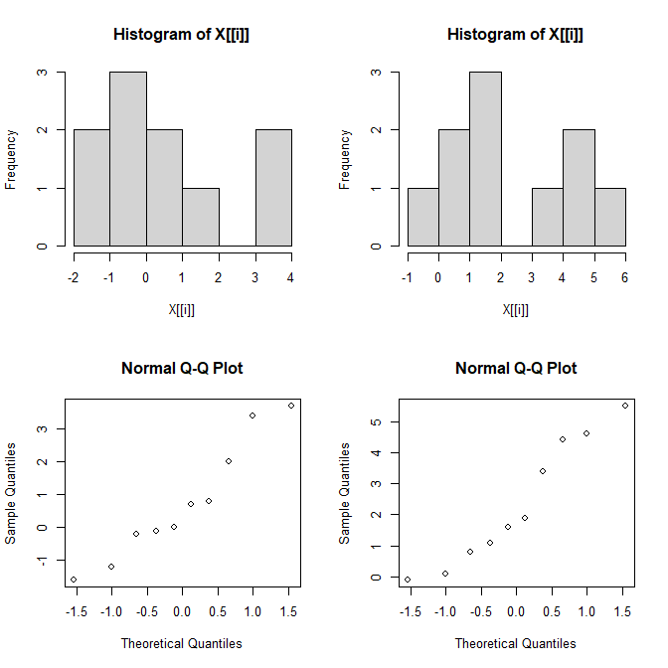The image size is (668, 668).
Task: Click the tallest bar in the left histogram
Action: coord(128,159)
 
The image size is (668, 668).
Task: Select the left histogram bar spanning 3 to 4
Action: coord(273,188)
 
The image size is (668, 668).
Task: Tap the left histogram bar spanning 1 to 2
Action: coord(201,217)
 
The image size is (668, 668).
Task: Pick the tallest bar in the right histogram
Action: coord(485,159)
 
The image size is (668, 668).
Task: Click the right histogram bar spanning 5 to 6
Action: coord(610,217)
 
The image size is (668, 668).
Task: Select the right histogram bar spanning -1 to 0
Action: coord(422,217)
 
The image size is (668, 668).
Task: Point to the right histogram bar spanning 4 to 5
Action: coord(579,188)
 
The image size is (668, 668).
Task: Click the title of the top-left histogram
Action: coord(181,35)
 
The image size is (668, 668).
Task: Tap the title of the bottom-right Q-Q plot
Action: coord(516,368)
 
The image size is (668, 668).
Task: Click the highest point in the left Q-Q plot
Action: coord(291,406)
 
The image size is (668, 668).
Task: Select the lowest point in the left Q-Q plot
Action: coord(74,580)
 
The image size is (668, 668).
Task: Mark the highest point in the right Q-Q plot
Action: coord(625,406)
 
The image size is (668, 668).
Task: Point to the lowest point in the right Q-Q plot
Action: coord(408,580)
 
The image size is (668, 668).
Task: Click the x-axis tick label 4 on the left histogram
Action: coord(291,277)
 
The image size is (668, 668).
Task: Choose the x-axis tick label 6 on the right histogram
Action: coord(625,277)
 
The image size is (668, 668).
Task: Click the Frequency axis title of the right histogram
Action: coord(345,159)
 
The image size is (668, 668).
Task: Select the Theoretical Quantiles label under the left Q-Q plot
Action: coord(181,643)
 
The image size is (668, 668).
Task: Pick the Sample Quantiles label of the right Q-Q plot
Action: coord(345,494)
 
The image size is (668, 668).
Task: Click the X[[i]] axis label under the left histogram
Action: coord(181,309)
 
